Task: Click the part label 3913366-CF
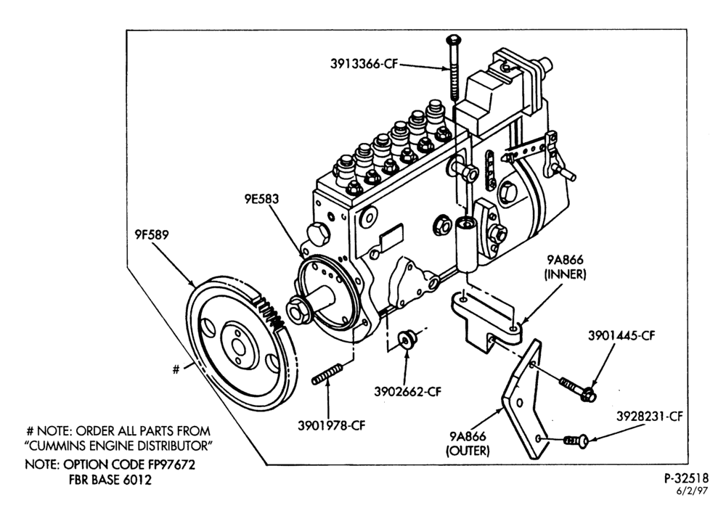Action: pos(364,64)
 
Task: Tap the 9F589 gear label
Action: pos(152,234)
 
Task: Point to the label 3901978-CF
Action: pos(332,425)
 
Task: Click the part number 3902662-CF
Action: pos(408,391)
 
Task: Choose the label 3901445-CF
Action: pos(622,335)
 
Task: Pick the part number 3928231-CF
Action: pos(650,417)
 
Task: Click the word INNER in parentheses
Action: pos(566,274)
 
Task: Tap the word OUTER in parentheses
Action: pos(468,450)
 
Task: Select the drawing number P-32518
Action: pos(687,479)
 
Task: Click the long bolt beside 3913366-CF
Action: pos(453,67)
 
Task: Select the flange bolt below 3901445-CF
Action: pos(578,390)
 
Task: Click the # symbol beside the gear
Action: pos(176,369)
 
